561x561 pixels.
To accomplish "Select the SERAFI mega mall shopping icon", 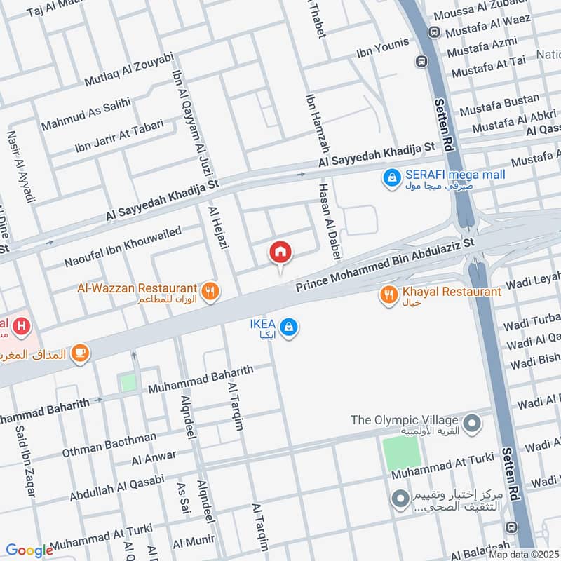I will pyautogui.click(x=391, y=180).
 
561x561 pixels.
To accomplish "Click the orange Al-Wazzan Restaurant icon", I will pyautogui.click(x=208, y=291).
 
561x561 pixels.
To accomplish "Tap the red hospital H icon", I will pyautogui.click(x=22, y=327).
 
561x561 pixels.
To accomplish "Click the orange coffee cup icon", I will pyautogui.click(x=80, y=353).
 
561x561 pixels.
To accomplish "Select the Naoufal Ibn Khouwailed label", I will pyautogui.click(x=123, y=246).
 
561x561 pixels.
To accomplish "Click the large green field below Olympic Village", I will pyautogui.click(x=402, y=453).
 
